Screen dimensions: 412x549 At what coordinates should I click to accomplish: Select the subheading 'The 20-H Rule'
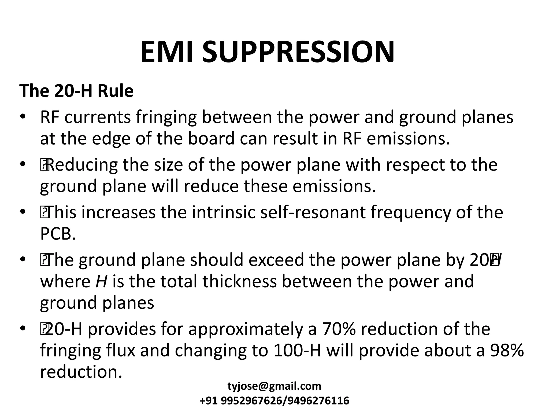76,91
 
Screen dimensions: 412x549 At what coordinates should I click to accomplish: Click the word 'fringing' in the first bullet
166,117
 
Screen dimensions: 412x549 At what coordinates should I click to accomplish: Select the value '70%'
339,329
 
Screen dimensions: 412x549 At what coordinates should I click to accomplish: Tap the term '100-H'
297,350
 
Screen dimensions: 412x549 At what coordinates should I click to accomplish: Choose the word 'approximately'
246,329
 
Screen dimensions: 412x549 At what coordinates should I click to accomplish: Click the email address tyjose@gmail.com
274,386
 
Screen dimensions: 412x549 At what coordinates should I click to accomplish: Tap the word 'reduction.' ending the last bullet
81,372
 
